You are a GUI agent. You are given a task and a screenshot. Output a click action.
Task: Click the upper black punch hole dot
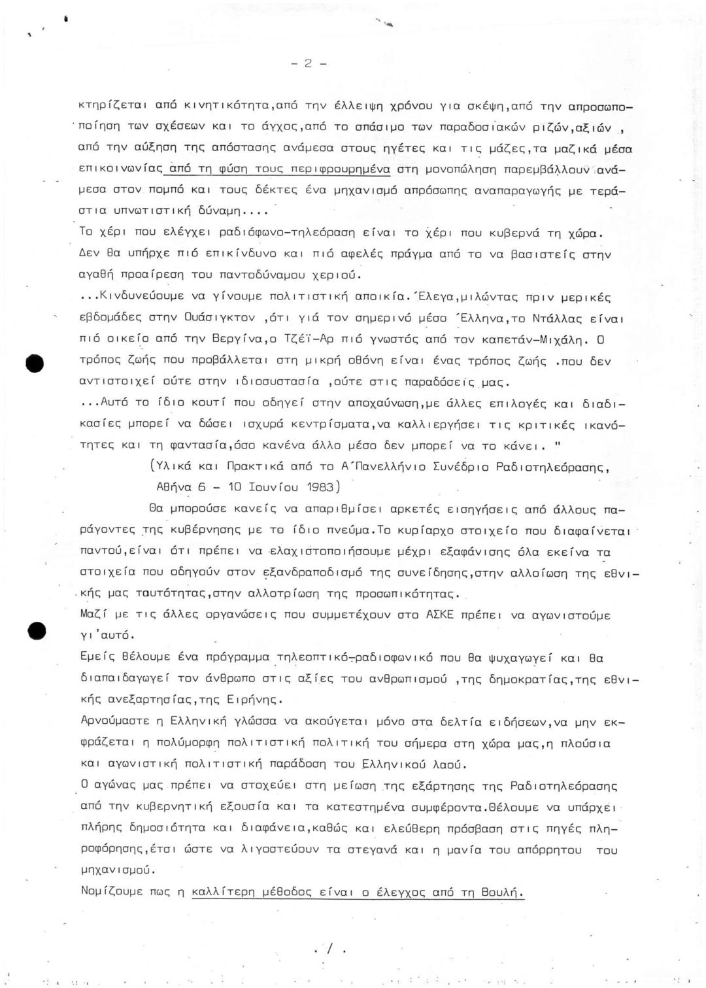(x=35, y=364)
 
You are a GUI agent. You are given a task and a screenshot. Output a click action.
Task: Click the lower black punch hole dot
(x=37, y=631)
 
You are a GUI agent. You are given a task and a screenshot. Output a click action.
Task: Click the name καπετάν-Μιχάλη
(x=533, y=340)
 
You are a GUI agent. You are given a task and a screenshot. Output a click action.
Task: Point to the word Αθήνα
(x=174, y=487)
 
